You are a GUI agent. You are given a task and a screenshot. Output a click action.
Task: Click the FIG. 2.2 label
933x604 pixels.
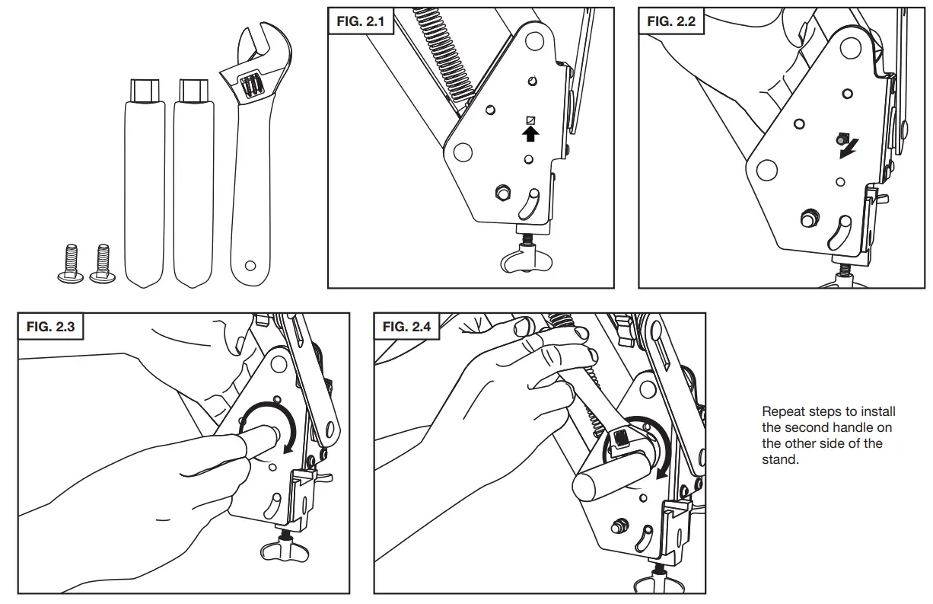click(x=670, y=21)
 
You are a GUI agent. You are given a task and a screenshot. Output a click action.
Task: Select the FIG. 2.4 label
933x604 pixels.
click(x=406, y=327)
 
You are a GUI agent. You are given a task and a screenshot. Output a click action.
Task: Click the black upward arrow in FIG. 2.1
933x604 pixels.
click(x=531, y=135)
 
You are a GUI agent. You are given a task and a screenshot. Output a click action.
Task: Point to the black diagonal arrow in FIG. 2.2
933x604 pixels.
click(x=844, y=152)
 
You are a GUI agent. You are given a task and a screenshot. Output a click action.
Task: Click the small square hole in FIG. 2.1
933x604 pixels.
click(x=531, y=120)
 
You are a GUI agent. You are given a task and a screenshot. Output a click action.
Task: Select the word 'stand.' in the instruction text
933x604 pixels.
click(x=780, y=460)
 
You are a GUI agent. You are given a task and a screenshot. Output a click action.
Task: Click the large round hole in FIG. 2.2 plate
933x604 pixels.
click(x=766, y=169)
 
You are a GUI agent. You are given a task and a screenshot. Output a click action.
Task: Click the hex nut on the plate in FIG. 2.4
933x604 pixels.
click(x=619, y=525)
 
